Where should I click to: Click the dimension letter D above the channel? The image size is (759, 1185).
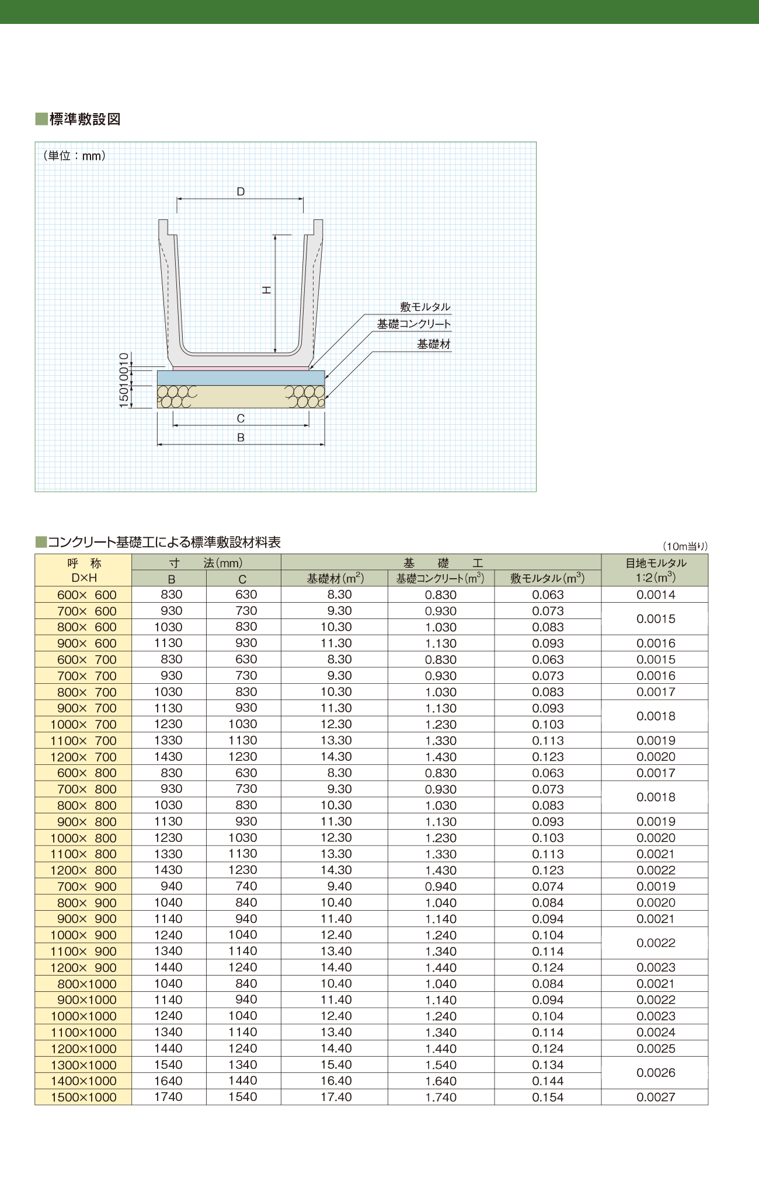241,191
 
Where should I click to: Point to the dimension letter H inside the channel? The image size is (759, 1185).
266,290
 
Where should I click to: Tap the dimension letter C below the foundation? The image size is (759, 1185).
241,418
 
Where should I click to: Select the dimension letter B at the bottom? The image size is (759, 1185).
241,438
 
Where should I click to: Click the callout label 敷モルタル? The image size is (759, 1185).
425,307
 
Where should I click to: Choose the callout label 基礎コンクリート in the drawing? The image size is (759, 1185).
414,324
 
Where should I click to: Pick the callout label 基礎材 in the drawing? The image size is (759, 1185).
434,344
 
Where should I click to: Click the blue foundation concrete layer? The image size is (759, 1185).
241,377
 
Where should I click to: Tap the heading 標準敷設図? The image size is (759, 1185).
85,119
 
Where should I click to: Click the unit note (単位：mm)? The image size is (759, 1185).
74,156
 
